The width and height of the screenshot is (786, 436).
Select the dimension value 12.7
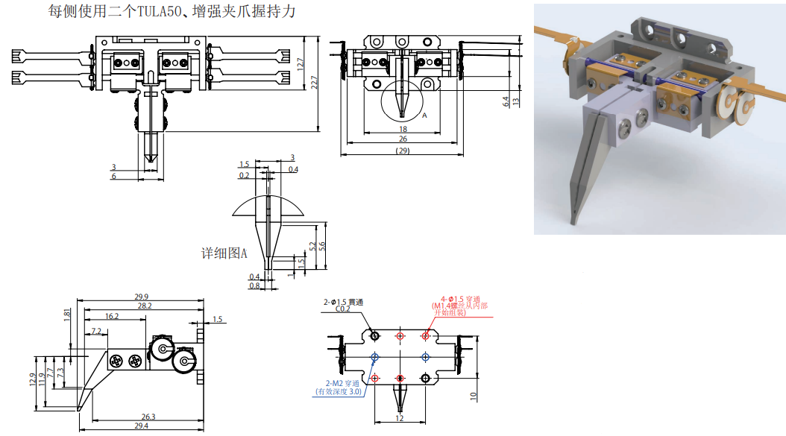[x=300, y=66]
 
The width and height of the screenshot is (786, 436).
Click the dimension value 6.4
[x=506, y=101]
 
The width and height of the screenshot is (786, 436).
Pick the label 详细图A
[x=224, y=253]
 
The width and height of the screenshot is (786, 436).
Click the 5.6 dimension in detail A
[x=322, y=246]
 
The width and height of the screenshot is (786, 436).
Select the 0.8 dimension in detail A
[x=254, y=285]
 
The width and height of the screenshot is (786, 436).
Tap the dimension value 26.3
[x=148, y=417]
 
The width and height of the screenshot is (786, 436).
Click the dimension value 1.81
[x=67, y=314]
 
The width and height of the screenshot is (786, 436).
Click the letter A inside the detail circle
[x=424, y=116]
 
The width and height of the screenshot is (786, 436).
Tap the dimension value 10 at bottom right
[x=473, y=396]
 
